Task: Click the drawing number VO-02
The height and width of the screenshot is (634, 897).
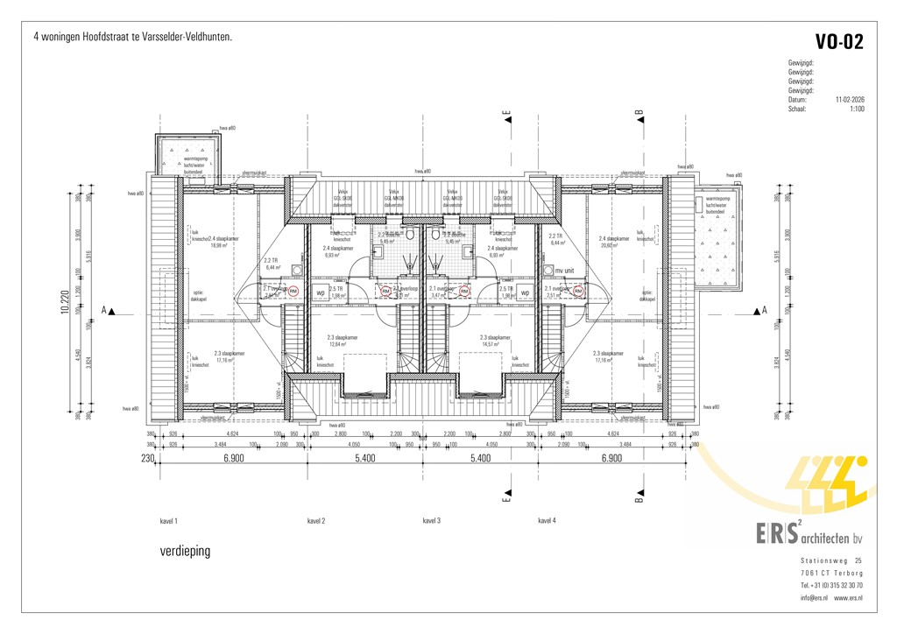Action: [839, 41]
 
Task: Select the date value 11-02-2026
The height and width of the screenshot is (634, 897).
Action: [850, 100]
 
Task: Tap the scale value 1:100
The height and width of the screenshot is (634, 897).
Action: [857, 109]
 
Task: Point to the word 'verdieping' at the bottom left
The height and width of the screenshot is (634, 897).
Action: [185, 552]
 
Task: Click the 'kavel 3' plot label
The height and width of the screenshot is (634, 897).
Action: [431, 520]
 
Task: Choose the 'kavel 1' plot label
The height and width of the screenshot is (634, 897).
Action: [169, 520]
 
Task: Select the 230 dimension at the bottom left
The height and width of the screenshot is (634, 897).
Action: [146, 458]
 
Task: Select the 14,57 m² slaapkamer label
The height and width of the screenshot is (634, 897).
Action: [491, 344]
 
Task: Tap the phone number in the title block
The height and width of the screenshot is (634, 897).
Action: [830, 585]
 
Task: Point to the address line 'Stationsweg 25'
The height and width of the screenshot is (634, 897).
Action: [830, 560]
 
